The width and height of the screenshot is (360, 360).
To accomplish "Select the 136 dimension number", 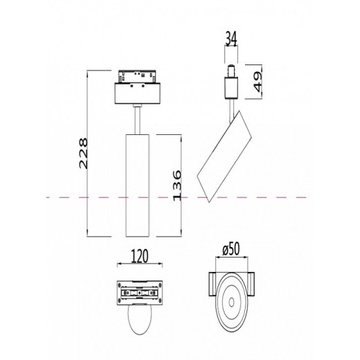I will [x=177, y=186].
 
